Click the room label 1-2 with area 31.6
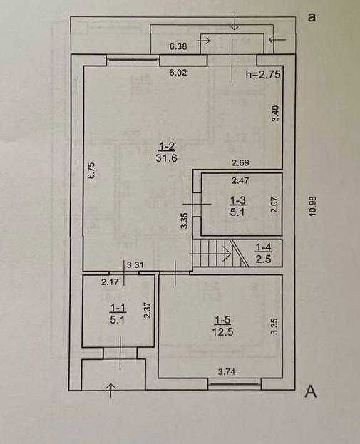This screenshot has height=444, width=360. tap(166, 152)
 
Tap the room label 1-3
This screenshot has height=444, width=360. tap(237, 206)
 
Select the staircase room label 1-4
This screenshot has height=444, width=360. tap(264, 253)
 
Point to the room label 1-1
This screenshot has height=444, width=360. tap(118, 314)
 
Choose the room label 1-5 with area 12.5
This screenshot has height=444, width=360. tap(222, 326)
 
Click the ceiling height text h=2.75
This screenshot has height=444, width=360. tap(263, 74)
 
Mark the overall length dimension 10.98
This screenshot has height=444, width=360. tap(312, 207)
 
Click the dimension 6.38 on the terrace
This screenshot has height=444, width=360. tap(178, 46)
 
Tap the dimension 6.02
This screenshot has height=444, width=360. tap(178, 73)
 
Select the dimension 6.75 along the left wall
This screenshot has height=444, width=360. tap(91, 170)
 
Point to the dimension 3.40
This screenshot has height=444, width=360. tap(275, 113)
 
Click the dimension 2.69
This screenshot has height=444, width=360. tap(240, 162)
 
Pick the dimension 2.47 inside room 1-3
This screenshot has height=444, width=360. tap(240, 180)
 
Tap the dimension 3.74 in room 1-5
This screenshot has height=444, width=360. tap(227, 371)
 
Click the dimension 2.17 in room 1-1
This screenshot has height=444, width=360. tap(110, 282)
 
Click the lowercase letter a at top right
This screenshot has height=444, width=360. tap(312, 18)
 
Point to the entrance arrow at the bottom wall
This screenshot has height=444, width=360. tap(110, 391)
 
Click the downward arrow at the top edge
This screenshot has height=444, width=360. tap(235, 21)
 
